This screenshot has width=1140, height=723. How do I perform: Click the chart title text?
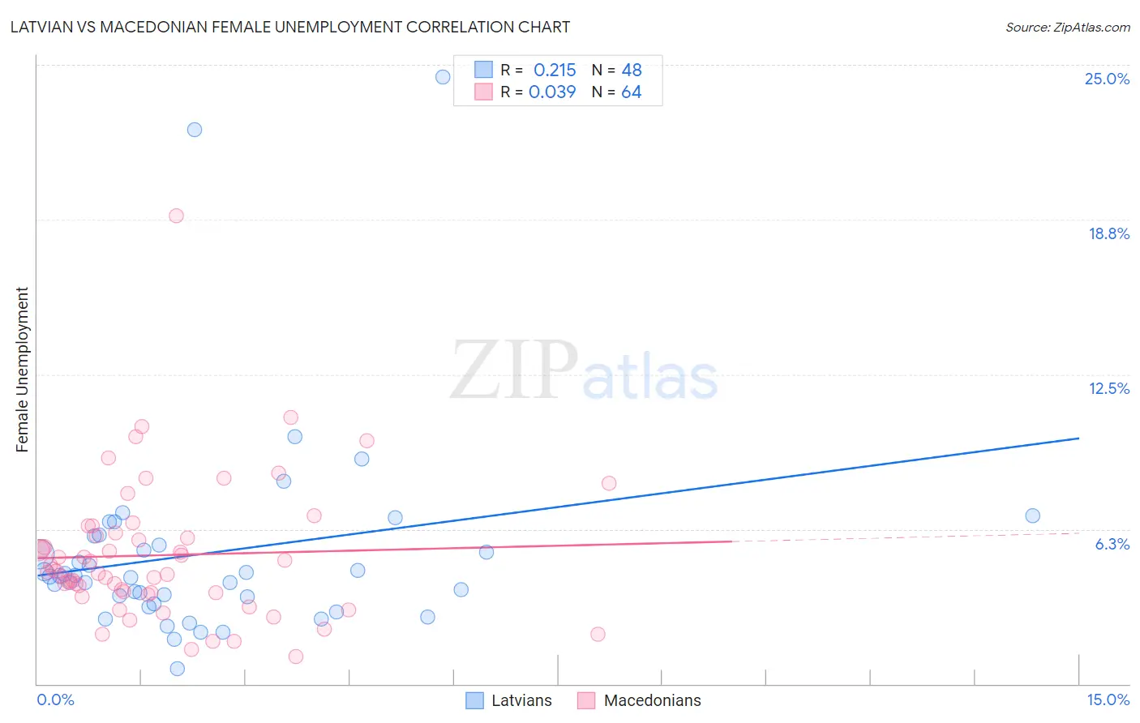[x=290, y=28]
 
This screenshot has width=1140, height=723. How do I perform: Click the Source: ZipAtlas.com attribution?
[x=1067, y=28]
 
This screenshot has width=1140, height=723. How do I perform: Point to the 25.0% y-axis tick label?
[x=1107, y=79]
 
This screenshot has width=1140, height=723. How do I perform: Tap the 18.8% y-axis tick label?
[x=1108, y=233]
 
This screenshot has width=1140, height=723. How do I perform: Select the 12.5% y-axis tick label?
[x=1108, y=388]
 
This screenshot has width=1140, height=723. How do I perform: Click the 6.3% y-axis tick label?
[x=1112, y=544]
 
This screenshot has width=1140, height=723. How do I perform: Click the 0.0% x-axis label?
[x=55, y=699]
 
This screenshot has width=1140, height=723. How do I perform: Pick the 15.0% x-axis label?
[x=1108, y=699]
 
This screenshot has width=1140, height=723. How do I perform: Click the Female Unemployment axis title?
[x=23, y=370]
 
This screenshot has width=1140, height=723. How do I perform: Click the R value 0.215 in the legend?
[x=555, y=71]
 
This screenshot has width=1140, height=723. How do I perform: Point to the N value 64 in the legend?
[x=631, y=92]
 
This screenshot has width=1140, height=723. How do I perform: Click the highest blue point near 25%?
[x=443, y=77]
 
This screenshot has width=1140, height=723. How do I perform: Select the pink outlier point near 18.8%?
[x=176, y=216]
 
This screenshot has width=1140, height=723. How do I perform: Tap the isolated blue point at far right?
[x=1032, y=516]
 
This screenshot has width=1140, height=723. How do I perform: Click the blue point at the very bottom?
[x=177, y=669]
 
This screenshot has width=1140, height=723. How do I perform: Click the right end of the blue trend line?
[x=1078, y=438]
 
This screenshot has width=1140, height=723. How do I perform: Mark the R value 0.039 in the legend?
[x=552, y=92]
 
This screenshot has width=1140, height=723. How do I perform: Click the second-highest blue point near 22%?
[x=195, y=130]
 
